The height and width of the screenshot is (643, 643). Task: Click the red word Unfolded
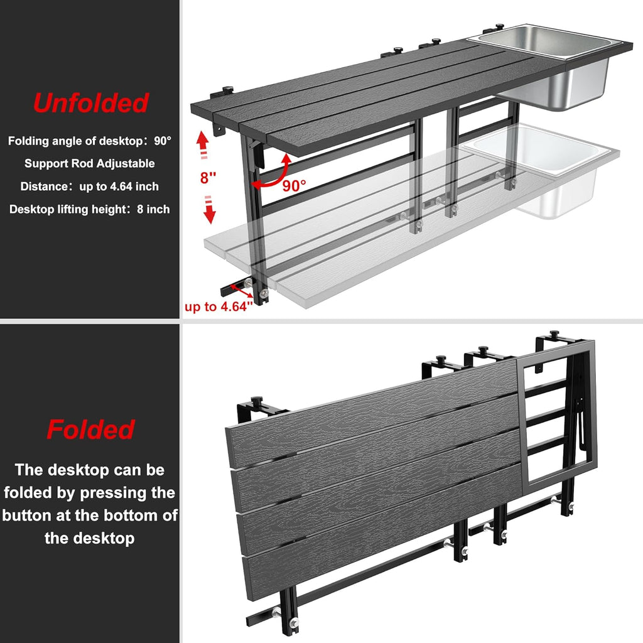coord(90,103)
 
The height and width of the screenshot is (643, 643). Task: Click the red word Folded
coord(90,430)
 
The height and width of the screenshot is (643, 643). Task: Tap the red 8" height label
coord(208,178)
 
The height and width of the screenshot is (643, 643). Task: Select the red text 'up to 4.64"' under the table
coord(218,307)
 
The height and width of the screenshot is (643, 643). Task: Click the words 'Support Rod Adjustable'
coord(89,163)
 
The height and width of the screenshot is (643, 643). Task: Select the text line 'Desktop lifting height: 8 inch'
coord(89,209)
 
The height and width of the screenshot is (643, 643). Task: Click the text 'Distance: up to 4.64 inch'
coord(89,186)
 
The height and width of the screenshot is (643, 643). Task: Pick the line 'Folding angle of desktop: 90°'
coord(89,141)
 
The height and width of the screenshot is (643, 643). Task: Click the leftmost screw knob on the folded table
coord(256,402)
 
